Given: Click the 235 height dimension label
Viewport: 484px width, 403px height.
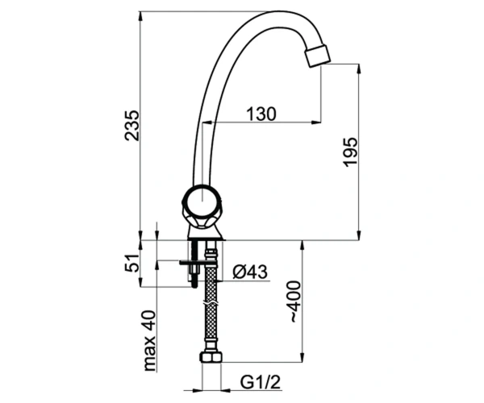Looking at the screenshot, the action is (131, 126).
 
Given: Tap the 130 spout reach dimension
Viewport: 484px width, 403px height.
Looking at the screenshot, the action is (261, 114).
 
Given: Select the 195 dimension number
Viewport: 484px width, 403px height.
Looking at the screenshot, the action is (350, 152).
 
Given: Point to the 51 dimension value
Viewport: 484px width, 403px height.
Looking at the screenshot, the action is (132, 263).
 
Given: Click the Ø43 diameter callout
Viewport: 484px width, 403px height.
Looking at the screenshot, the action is (250, 272).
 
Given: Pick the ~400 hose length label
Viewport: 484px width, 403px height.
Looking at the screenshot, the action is (294, 301).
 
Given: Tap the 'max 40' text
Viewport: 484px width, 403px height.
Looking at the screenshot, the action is (150, 340).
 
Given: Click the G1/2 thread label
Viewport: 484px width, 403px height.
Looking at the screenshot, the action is (261, 382).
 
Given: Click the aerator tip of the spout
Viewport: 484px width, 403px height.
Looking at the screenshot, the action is (317, 56).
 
